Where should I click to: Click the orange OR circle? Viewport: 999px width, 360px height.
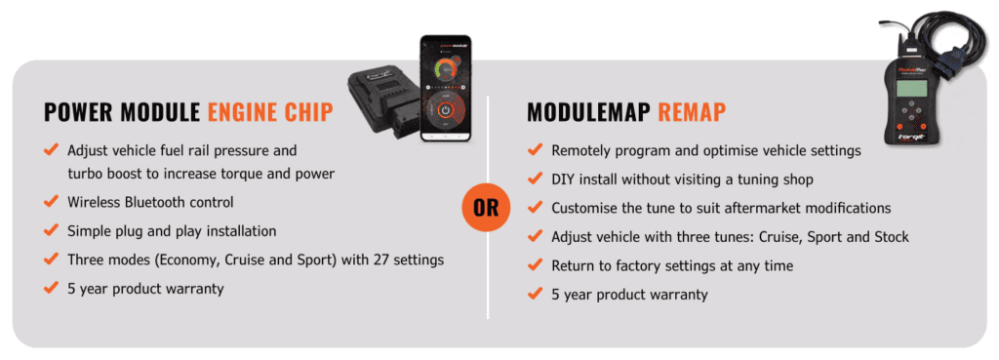tap(487, 208)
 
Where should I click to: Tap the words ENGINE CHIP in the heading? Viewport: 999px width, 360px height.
tap(270, 112)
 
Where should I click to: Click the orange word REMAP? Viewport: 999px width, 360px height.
tap(692, 112)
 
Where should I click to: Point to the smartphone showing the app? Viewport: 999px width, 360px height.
tap(445, 88)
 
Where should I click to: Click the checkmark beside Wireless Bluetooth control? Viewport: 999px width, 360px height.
tap(51, 202)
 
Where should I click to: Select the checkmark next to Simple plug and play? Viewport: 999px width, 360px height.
tap(51, 230)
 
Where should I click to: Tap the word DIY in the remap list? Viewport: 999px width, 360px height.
tap(562, 180)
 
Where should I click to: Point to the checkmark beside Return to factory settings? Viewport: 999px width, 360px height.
tap(535, 265)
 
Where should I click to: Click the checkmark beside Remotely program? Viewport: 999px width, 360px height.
tap(535, 151)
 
